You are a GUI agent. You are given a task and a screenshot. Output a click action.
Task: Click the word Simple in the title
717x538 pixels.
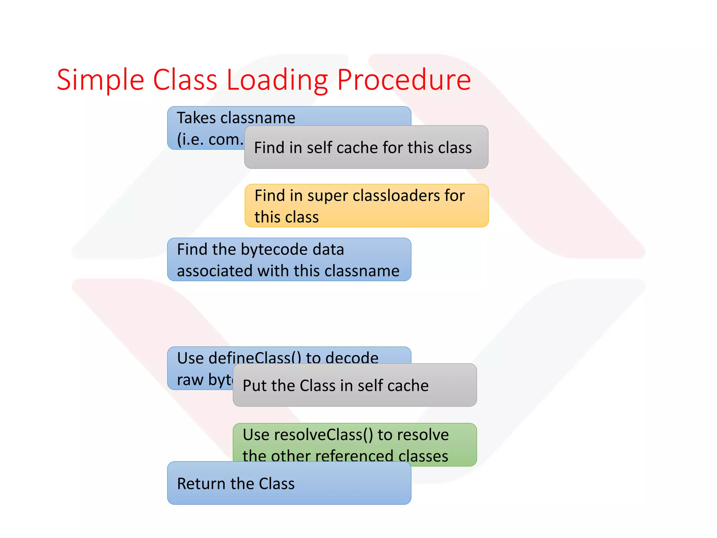(100, 81)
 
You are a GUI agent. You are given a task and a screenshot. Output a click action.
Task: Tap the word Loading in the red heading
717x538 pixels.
(277, 81)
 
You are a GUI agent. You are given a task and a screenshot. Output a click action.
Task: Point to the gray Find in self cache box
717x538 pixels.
(366, 147)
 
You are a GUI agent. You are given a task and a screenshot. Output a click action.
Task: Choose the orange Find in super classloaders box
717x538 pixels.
(366, 206)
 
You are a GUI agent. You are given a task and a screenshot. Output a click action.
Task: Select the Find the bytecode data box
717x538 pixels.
(289, 260)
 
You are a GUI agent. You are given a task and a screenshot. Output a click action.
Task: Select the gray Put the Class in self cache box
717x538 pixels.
(354, 385)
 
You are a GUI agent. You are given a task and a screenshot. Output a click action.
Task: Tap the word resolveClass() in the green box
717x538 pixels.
(324, 435)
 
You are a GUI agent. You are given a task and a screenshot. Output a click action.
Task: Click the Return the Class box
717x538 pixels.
(289, 484)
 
